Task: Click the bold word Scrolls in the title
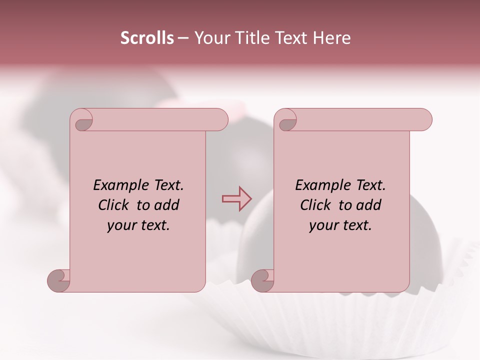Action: tap(147, 38)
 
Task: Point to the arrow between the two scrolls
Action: tap(236, 198)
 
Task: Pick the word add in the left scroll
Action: tap(167, 205)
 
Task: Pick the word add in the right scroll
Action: tap(369, 205)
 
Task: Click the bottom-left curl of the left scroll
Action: tap(59, 281)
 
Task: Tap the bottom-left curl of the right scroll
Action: tap(262, 281)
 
